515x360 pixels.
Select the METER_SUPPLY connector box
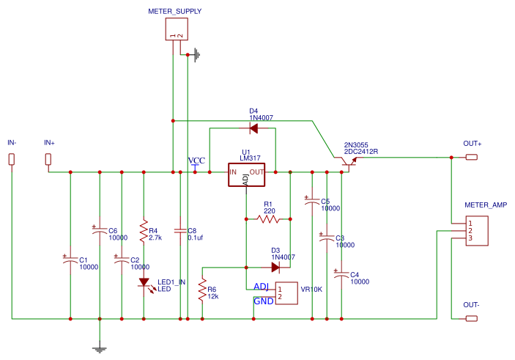(177, 29)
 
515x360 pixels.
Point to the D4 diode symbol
(253, 128)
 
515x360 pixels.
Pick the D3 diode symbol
(275, 267)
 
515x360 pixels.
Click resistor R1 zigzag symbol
(268, 218)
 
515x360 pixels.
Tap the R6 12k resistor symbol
(202, 293)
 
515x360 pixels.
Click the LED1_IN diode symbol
(144, 282)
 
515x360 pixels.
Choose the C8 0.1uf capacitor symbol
(180, 231)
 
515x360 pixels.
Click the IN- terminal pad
(12, 159)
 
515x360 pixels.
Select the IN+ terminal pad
(49, 159)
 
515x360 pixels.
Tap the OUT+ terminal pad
(472, 158)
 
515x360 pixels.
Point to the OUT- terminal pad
(472, 319)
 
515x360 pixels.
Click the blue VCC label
(196, 161)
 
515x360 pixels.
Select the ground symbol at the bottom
(100, 350)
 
